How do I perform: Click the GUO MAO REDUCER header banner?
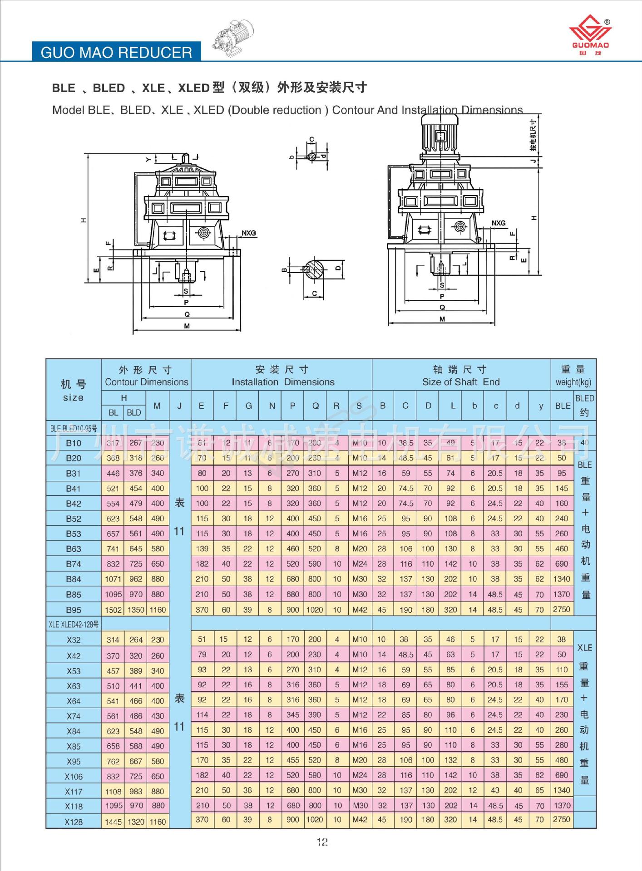pos(116,52)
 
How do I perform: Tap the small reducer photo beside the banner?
pos(233,38)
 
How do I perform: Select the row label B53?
pos(74,534)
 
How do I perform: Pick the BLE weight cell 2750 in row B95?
pos(562,609)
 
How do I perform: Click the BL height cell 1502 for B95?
pos(113,610)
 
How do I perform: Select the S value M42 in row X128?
pos(360,820)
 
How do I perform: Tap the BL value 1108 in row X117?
pos(113,792)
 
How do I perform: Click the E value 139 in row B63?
pos(202,549)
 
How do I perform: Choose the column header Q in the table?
pos(315,406)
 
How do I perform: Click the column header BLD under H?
pos(134,413)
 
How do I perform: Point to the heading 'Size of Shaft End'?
pos(461,382)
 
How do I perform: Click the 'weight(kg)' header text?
pos(573,382)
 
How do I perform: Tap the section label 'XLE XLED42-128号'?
pos(74,625)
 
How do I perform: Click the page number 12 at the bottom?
pos(322,842)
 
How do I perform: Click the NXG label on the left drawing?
pos(248,233)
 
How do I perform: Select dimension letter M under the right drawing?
pos(442,319)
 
